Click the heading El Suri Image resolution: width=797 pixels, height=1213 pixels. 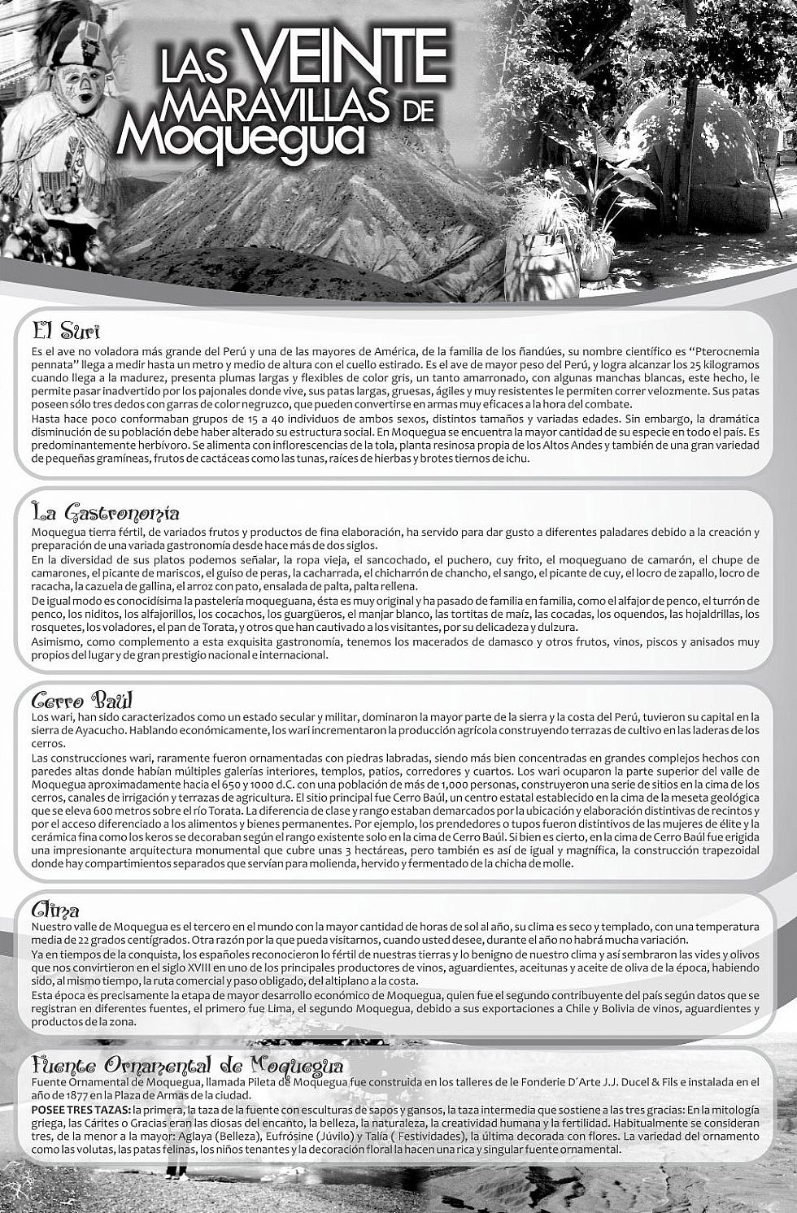click(x=66, y=333)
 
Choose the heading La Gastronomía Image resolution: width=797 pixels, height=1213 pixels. click(x=105, y=513)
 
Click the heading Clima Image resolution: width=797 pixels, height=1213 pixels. click(x=55, y=910)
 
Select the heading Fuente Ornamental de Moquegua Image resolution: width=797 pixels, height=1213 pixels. click(x=187, y=1065)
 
